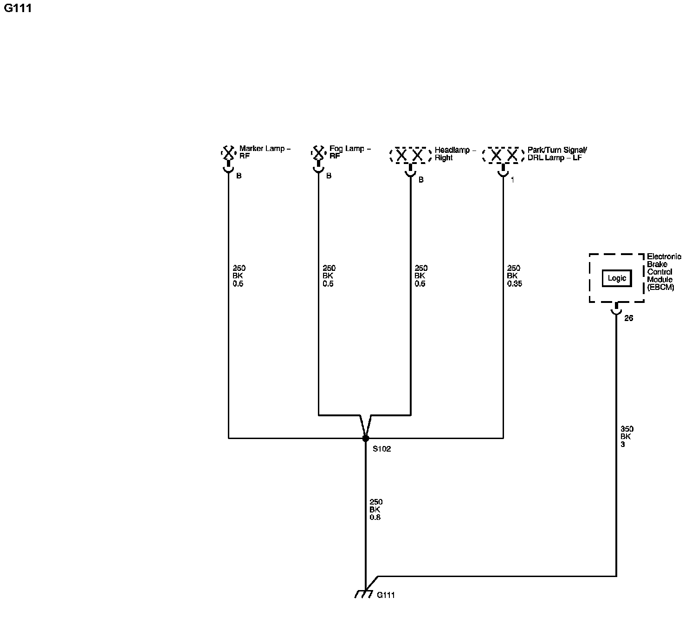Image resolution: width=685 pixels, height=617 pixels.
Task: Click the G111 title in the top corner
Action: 18,8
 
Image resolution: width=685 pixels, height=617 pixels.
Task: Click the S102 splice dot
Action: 365,438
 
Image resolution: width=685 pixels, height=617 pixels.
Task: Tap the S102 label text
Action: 381,449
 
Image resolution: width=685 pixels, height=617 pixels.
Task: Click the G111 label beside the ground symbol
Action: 386,595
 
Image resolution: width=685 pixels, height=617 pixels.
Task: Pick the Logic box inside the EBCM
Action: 617,278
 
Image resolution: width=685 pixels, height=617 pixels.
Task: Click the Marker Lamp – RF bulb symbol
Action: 228,153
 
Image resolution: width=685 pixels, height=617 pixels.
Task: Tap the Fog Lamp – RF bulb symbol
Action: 318,153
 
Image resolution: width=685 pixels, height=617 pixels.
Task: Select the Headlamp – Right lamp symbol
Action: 410,156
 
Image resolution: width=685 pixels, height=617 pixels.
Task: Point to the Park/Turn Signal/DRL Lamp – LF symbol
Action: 503,156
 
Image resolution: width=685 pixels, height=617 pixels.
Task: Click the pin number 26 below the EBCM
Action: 628,318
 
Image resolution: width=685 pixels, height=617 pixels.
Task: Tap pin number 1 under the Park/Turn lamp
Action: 512,180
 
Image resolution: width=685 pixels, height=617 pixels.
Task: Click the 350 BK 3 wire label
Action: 627,437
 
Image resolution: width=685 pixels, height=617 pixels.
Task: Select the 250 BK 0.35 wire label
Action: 514,276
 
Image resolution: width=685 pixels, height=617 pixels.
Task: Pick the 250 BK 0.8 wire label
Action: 376,510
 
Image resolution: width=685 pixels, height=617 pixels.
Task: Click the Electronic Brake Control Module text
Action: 664,272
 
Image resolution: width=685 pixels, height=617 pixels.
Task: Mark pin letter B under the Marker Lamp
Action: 239,176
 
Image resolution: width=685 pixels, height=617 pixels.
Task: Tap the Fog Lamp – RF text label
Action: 349,152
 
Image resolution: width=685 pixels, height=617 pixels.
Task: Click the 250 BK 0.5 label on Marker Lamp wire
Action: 239,276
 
